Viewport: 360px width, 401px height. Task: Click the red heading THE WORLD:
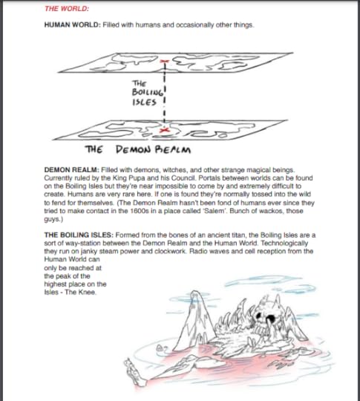67,9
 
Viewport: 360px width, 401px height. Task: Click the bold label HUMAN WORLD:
72,25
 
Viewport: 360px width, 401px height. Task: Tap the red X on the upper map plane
164,61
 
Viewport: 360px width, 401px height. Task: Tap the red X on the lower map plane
164,130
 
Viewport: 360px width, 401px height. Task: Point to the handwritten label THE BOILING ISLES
148,93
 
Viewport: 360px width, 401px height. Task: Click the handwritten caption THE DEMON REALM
138,149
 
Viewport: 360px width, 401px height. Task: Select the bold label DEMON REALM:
71,170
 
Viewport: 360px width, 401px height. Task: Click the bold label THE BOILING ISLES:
79,235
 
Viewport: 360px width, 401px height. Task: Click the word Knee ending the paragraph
87,292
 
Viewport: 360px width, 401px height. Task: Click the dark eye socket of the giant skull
270,319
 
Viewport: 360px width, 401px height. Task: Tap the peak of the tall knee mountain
195,291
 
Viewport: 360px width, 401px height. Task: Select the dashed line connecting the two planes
164,94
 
